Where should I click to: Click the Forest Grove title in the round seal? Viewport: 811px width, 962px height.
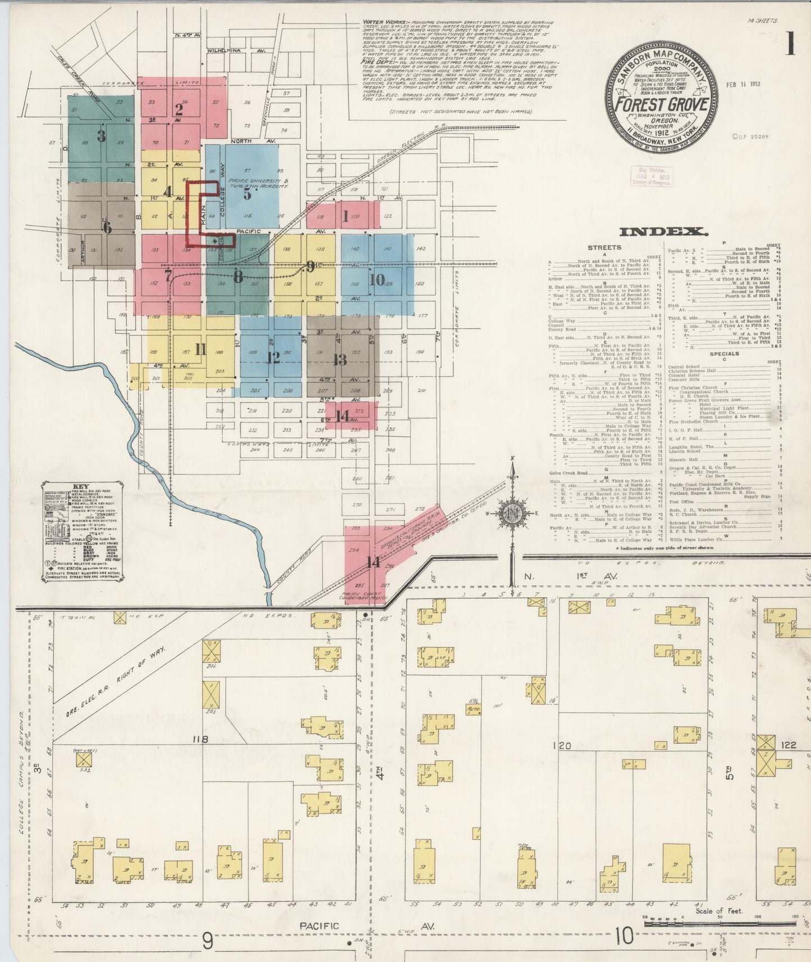660,105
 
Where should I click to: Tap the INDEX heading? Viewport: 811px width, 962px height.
663,231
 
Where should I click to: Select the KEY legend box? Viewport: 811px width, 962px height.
82,531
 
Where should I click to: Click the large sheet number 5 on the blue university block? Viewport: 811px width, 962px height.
248,194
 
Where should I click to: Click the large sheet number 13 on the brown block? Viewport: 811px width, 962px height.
340,359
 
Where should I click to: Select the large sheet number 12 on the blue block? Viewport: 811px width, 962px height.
273,358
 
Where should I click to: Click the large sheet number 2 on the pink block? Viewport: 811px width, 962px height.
179,109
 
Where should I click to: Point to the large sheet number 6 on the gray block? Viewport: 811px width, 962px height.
107,228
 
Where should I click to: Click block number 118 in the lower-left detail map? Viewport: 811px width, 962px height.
200,740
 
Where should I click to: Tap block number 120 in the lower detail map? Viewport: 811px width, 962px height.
561,746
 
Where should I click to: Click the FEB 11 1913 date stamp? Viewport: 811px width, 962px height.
743,84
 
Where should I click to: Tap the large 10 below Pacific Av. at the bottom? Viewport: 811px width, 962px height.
624,936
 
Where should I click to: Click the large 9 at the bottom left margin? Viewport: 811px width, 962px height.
208,941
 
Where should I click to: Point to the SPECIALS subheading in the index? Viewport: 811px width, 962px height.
723,354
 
